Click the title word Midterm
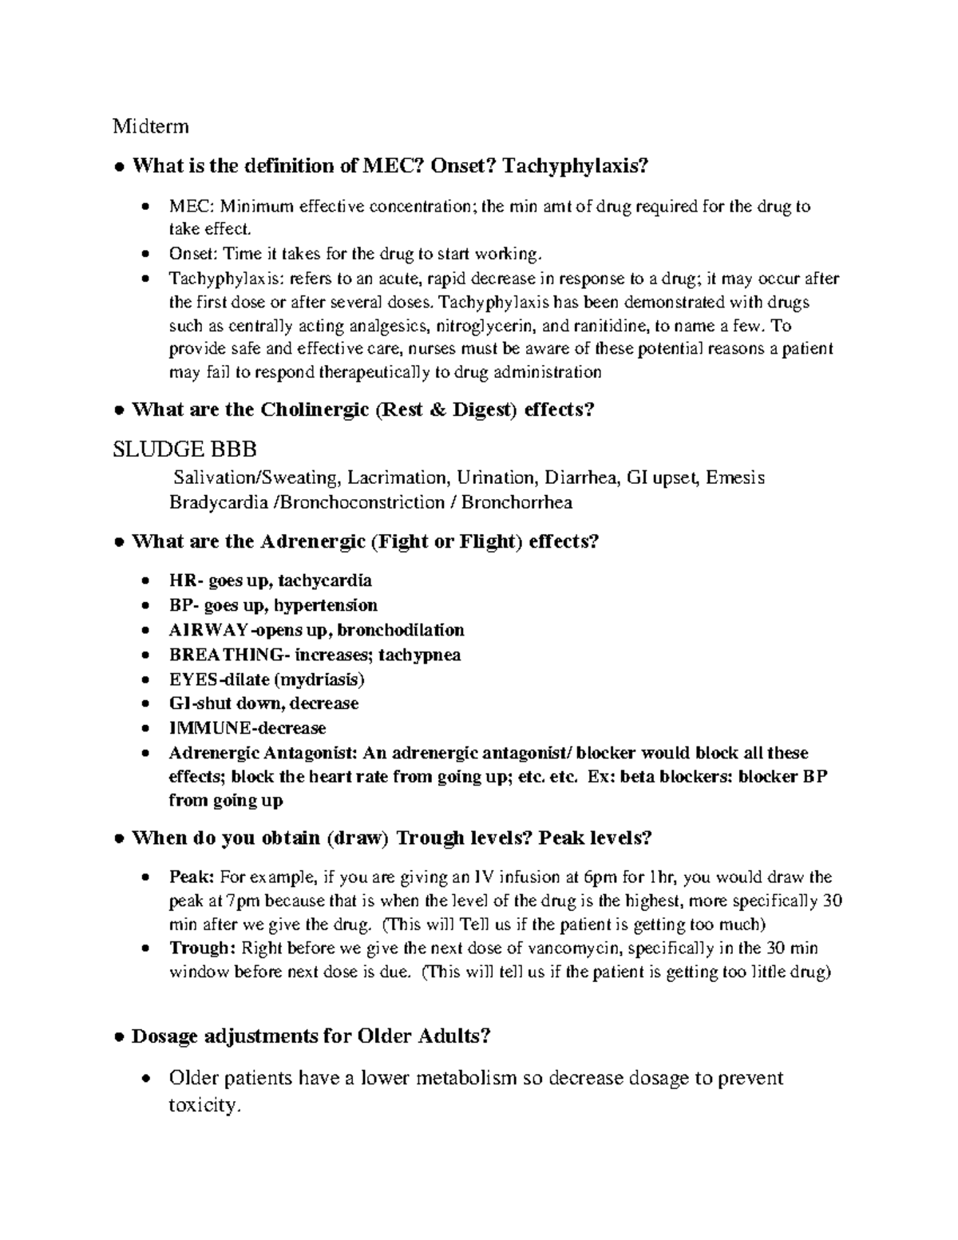pos(151,126)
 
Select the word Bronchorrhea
pos(517,502)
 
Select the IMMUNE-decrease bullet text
pos(247,728)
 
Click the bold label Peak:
pos(192,877)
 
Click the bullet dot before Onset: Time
pos(144,255)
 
